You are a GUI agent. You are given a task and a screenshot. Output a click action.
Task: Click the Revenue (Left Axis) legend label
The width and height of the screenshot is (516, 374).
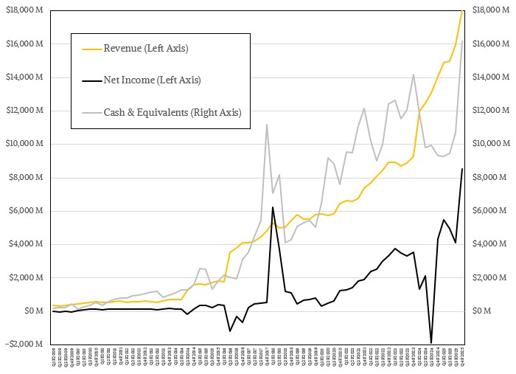click(146, 49)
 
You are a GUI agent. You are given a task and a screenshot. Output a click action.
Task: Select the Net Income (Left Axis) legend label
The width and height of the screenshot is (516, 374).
click(152, 80)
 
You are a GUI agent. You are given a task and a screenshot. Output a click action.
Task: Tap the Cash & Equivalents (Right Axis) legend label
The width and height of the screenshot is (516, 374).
click(172, 112)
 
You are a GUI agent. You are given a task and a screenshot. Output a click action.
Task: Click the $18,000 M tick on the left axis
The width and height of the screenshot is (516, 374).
click(26, 10)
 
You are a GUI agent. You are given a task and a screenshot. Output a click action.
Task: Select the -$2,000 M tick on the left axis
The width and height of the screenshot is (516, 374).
click(26, 344)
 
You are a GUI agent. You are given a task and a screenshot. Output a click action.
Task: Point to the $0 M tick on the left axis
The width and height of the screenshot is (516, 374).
click(32, 311)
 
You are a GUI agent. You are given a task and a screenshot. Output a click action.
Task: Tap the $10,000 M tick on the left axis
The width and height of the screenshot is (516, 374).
click(26, 144)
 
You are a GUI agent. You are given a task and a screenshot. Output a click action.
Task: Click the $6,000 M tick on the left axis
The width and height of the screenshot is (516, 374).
click(27, 210)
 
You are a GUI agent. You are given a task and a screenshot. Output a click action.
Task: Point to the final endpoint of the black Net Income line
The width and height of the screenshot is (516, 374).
click(462, 169)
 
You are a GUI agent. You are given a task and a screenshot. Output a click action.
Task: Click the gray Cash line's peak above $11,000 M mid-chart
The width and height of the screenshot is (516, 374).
click(266, 125)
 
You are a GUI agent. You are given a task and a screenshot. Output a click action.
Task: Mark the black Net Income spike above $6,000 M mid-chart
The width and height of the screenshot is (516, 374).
click(273, 207)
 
